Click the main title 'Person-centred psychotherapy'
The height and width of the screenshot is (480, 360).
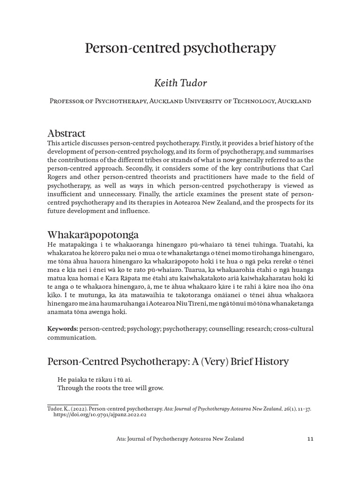pos(180,48)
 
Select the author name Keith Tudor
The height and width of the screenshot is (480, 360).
pos(180,83)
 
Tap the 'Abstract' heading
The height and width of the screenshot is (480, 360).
pos(67,134)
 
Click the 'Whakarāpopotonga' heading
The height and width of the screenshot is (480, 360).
pos(93,234)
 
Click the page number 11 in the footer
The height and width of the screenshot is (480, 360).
pos(309,439)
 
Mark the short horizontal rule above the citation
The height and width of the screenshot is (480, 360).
pos(73,404)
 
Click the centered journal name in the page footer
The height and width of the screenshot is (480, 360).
pos(180,439)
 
